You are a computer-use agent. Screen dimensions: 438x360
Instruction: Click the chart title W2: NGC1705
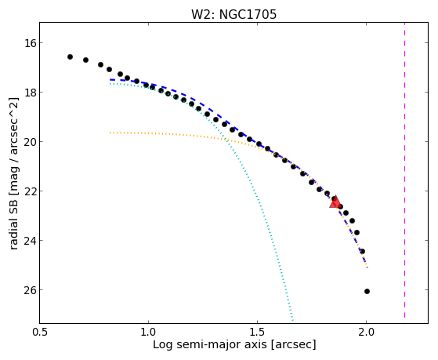click(233, 14)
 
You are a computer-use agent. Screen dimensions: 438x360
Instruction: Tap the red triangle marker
click(335, 202)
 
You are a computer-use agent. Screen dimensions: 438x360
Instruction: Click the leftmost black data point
click(70, 56)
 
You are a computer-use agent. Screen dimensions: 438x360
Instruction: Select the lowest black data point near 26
click(367, 292)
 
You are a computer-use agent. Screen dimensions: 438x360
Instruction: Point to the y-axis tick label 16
click(29, 43)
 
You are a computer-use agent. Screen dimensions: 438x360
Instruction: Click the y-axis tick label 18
click(29, 93)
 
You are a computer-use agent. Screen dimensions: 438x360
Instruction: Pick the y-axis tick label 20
click(29, 142)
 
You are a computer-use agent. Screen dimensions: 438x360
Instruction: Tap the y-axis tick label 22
click(29, 191)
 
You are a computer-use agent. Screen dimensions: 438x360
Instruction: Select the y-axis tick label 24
click(29, 241)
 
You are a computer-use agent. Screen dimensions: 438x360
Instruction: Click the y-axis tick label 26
click(29, 290)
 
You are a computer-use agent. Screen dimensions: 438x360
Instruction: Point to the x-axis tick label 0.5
click(40, 332)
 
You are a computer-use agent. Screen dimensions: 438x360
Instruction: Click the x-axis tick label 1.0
click(148, 332)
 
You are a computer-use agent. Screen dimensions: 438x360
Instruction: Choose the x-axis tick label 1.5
click(257, 332)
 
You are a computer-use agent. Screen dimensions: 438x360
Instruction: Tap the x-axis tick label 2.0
click(366, 332)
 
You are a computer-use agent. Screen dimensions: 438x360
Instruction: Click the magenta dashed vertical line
click(404, 170)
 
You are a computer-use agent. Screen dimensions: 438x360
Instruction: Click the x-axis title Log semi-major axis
click(210, 345)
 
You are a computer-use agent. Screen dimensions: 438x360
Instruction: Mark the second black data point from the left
click(85, 60)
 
